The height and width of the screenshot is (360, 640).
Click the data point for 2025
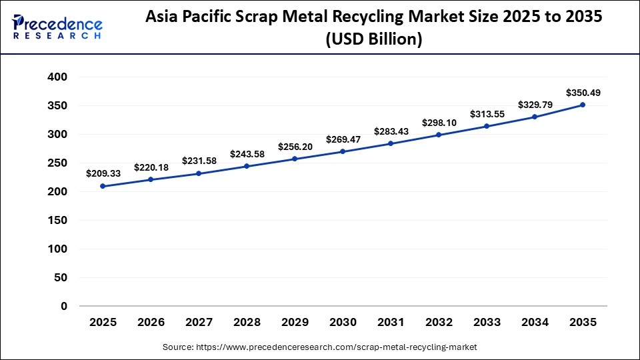(x=103, y=186)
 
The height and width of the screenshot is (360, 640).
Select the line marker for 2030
(x=343, y=151)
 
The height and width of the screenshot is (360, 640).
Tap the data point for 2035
(x=583, y=105)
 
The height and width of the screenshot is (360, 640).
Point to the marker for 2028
(x=247, y=166)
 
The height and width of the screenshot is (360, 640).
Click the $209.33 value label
(x=103, y=173)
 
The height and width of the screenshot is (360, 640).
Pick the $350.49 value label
(x=583, y=93)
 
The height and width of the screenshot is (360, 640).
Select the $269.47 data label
(x=343, y=139)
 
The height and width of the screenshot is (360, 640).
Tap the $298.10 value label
(x=439, y=123)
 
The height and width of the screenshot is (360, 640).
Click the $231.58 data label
(x=199, y=161)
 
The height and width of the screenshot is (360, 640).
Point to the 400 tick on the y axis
(x=58, y=77)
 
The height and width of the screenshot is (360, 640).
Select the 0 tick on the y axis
(x=65, y=307)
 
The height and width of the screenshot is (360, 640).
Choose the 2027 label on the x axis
(x=199, y=323)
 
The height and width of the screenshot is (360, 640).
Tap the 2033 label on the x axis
(x=487, y=323)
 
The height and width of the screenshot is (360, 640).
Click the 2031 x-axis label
(x=391, y=323)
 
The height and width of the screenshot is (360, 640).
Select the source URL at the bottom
(x=320, y=347)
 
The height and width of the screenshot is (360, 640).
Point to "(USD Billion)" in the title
(x=373, y=40)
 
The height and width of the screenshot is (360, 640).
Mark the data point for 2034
(x=535, y=117)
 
